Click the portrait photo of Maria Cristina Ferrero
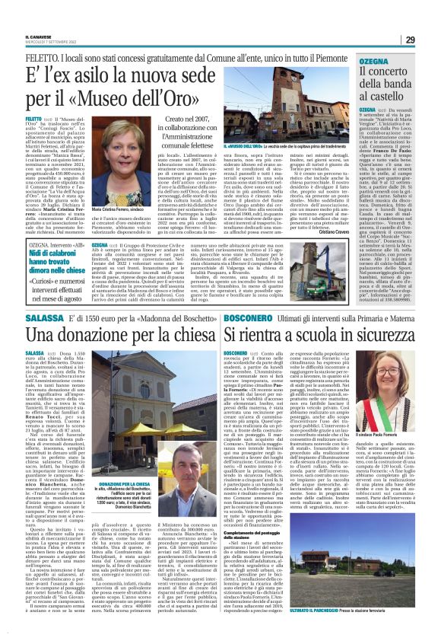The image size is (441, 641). (x=113, y=167)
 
